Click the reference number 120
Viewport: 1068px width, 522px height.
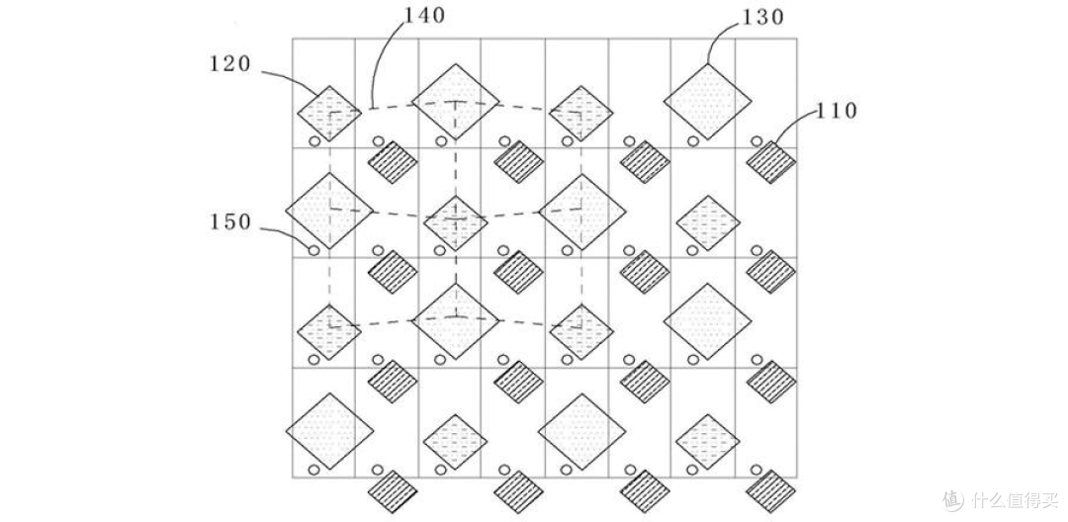point(229,65)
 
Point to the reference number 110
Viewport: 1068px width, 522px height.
point(837,111)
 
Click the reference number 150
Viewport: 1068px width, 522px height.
point(229,222)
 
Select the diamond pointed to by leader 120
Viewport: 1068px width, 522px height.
point(329,113)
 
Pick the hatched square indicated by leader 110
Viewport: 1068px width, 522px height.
point(771,161)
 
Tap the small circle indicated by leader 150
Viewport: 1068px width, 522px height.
point(314,250)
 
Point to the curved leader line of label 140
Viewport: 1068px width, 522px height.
point(381,59)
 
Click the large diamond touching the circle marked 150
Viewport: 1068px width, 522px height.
point(329,211)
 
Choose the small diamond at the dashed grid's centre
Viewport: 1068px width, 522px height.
point(455,221)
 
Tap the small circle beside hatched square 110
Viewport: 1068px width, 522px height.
point(756,141)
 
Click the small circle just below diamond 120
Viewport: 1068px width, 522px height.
point(314,141)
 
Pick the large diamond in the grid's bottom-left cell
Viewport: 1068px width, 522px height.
point(329,431)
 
